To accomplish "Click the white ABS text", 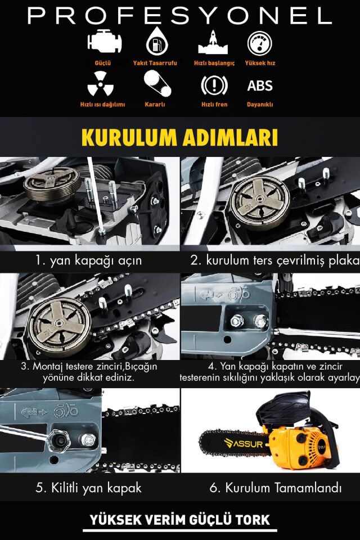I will point(260,85).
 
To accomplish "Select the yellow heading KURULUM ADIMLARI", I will point(179,137).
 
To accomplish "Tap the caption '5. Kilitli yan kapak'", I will point(88,488).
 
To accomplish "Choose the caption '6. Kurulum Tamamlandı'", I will point(275,488).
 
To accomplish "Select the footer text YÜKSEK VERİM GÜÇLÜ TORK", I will point(180,519).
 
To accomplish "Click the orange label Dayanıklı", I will point(260,105).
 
